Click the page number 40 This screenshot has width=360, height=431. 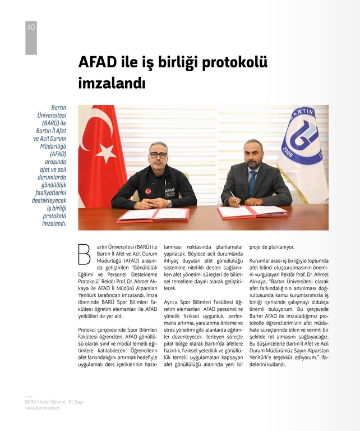(x=31, y=27)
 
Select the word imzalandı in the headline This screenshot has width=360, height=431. (x=112, y=84)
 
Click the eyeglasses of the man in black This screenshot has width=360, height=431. (x=158, y=154)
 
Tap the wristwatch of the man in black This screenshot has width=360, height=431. (x=169, y=203)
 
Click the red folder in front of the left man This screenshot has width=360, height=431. (x=153, y=215)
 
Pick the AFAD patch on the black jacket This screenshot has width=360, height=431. (x=169, y=191)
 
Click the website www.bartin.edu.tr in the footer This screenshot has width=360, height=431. (x=42, y=408)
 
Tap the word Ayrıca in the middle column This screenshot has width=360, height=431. (x=173, y=302)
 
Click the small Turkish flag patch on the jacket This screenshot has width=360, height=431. (x=148, y=191)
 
